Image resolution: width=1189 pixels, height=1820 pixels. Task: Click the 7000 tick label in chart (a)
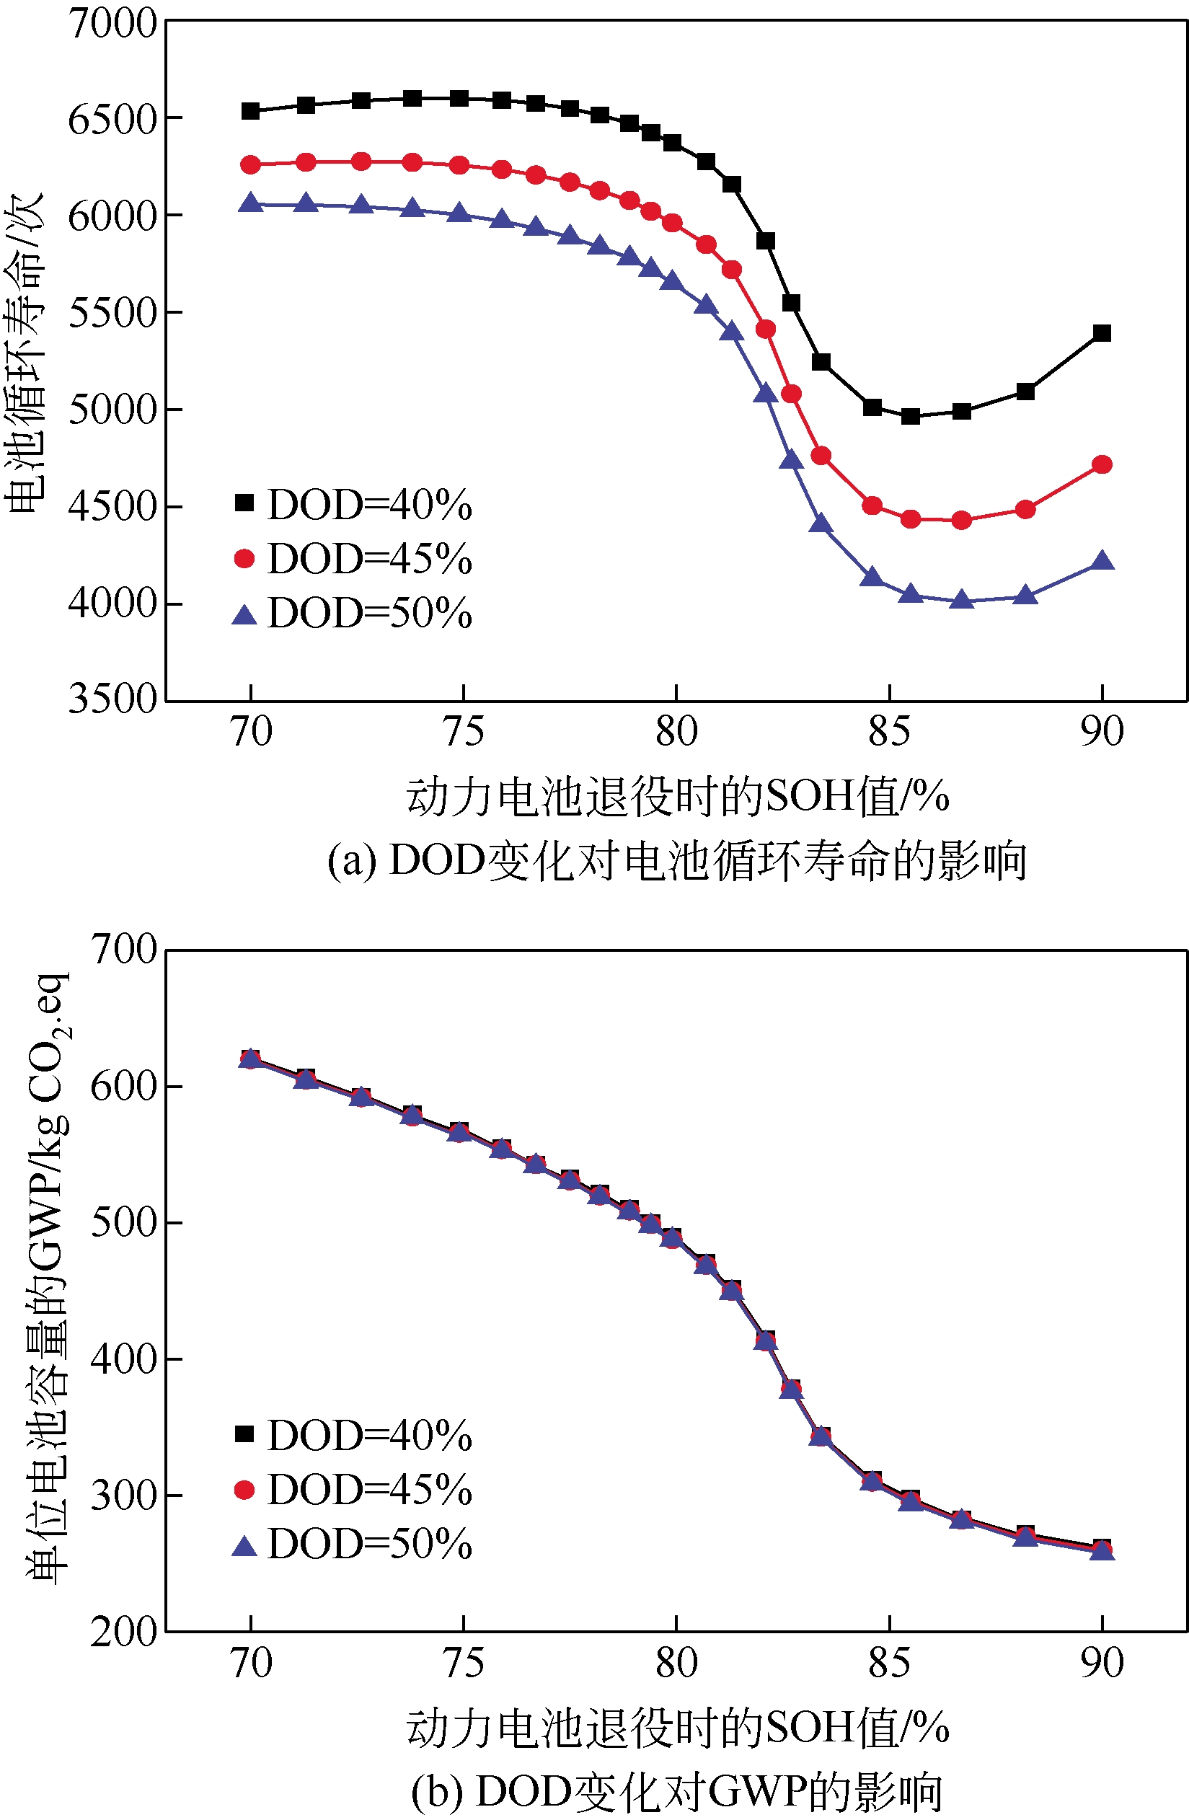click(112, 23)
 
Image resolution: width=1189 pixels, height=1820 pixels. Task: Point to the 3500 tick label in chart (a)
click(112, 699)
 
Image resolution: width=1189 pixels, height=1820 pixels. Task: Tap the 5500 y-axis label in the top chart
click(112, 312)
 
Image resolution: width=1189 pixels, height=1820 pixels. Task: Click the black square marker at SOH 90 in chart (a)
click(1102, 332)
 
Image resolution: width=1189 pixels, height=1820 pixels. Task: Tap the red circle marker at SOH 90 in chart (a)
click(1102, 464)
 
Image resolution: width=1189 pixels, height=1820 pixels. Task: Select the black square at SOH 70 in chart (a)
click(251, 111)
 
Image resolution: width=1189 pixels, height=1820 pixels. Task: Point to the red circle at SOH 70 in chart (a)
click(251, 164)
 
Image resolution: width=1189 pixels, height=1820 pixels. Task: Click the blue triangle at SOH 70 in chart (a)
click(251, 203)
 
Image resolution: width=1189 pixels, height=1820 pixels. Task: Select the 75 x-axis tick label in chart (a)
click(464, 732)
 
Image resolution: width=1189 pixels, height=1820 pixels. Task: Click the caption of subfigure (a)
click(676, 860)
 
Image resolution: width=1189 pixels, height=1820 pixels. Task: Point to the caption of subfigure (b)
click(676, 1791)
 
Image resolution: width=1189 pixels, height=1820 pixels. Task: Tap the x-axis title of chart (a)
click(676, 797)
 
